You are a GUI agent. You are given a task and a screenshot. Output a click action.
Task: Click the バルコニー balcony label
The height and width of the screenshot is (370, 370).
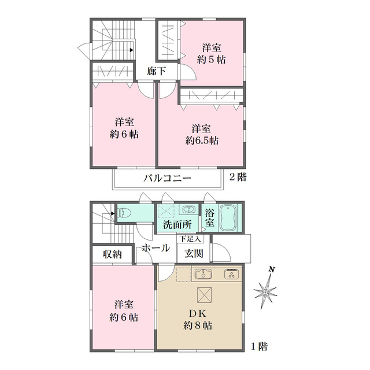click(x=167, y=178)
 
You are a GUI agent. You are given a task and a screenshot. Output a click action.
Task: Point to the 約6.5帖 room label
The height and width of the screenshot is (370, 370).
click(x=202, y=134)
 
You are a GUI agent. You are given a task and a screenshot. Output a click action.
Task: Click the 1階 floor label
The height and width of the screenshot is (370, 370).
click(x=258, y=347)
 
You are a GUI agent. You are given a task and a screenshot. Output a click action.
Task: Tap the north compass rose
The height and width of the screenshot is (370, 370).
click(x=267, y=291)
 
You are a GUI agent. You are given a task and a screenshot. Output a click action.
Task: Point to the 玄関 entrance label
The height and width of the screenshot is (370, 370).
click(x=194, y=253)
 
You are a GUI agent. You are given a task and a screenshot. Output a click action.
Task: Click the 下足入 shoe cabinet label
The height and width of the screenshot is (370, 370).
click(x=189, y=238)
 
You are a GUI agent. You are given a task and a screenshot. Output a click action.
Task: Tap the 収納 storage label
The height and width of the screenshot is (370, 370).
click(x=113, y=254)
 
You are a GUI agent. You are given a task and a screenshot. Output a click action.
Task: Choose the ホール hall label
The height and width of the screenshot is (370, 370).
click(x=156, y=248)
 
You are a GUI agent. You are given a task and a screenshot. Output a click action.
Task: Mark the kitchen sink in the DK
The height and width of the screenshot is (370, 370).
click(x=204, y=274)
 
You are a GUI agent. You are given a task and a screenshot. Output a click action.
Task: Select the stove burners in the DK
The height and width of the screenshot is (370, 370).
click(x=232, y=274)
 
